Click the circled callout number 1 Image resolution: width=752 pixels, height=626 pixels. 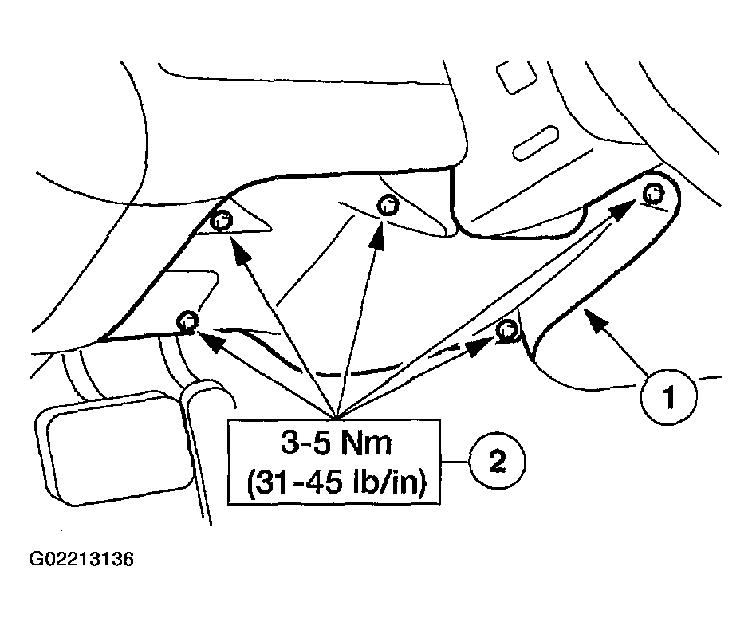click(x=669, y=397)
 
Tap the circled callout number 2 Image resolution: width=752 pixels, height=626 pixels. click(x=498, y=462)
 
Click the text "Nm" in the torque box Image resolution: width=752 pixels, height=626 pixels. click(x=366, y=443)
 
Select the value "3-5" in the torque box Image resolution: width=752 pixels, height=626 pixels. click(x=305, y=443)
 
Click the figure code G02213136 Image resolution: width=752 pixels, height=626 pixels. click(x=81, y=559)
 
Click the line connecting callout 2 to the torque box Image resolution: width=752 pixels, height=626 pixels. click(x=455, y=463)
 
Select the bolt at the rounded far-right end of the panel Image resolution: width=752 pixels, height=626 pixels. click(x=653, y=194)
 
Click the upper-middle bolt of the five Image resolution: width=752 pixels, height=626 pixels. click(x=388, y=205)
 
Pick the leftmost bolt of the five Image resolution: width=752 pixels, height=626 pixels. click(x=187, y=320)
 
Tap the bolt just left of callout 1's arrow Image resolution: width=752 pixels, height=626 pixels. click(x=506, y=330)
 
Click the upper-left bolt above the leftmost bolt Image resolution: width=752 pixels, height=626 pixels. click(x=222, y=221)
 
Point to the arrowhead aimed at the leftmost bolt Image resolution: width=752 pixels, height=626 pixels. click(x=209, y=341)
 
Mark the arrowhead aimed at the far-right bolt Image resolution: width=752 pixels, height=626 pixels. click(x=624, y=210)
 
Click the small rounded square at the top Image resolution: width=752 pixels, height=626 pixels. click(x=516, y=77)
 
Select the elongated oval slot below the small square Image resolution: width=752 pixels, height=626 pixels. click(x=536, y=144)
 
